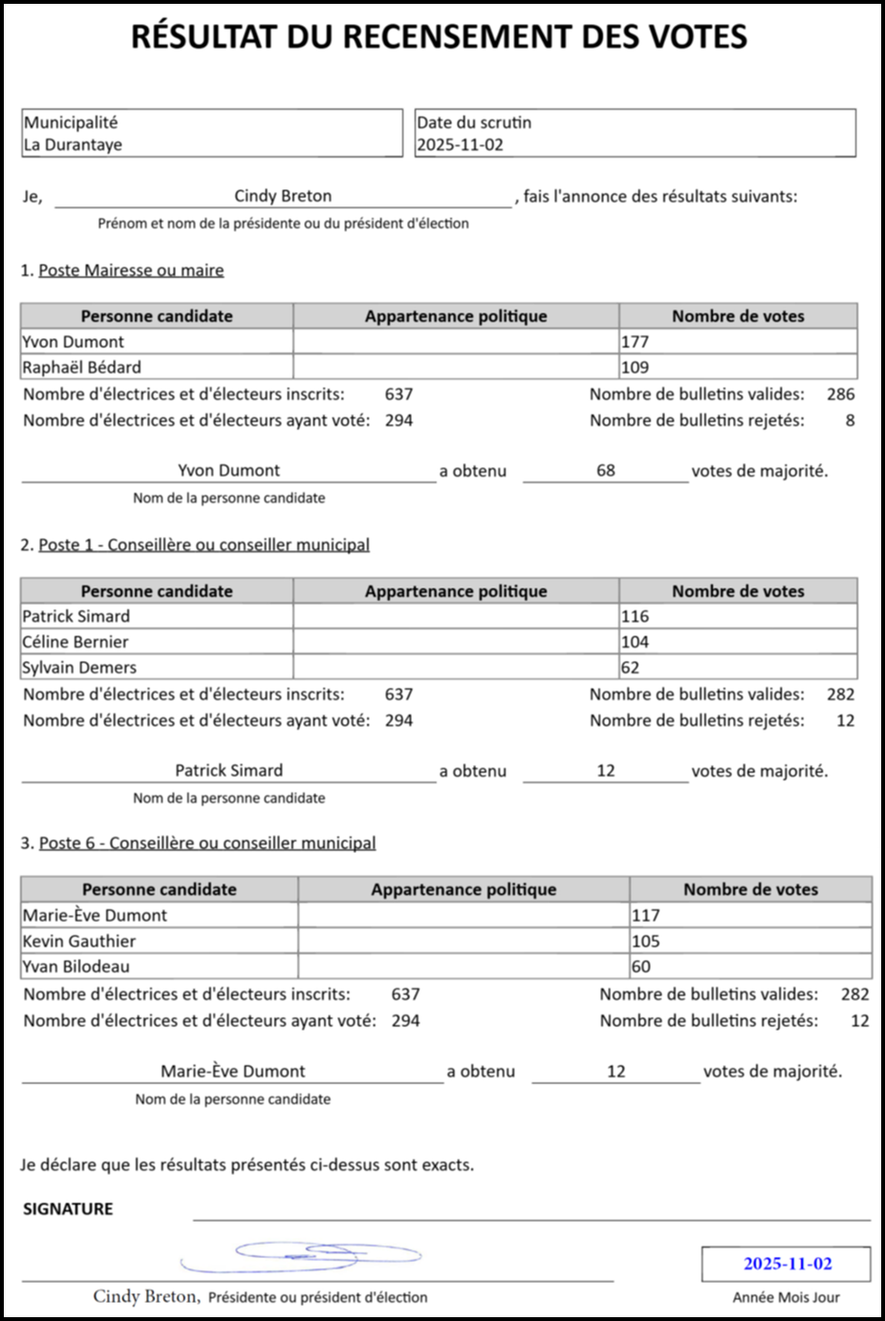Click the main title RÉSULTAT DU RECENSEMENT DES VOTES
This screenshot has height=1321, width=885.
(x=439, y=37)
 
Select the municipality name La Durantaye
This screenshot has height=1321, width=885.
(x=73, y=145)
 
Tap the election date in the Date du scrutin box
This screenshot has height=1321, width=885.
(x=460, y=145)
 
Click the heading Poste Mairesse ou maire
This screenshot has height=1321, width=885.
(x=131, y=270)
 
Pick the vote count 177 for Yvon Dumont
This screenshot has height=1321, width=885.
(x=635, y=342)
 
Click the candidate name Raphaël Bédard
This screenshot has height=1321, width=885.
(x=82, y=368)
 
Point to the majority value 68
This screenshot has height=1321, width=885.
(x=606, y=470)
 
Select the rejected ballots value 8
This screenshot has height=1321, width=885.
(x=850, y=420)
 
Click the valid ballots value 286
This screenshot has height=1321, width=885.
(x=841, y=394)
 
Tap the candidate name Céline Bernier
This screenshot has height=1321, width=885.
(x=76, y=642)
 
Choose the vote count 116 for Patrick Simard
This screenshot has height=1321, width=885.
(x=635, y=617)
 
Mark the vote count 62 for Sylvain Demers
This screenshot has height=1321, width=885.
(x=630, y=668)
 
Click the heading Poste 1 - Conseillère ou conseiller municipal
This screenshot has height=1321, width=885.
(x=204, y=544)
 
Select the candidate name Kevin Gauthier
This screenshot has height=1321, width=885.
(x=79, y=941)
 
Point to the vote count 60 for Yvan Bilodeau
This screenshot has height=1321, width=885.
(x=641, y=967)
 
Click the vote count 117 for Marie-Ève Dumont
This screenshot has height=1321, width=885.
(x=646, y=915)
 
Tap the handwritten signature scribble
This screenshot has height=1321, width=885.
(x=306, y=1256)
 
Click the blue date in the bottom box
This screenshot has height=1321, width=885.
(x=788, y=1264)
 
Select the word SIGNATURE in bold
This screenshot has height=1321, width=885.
(x=68, y=1209)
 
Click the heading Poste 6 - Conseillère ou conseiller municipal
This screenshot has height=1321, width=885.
(x=207, y=842)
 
